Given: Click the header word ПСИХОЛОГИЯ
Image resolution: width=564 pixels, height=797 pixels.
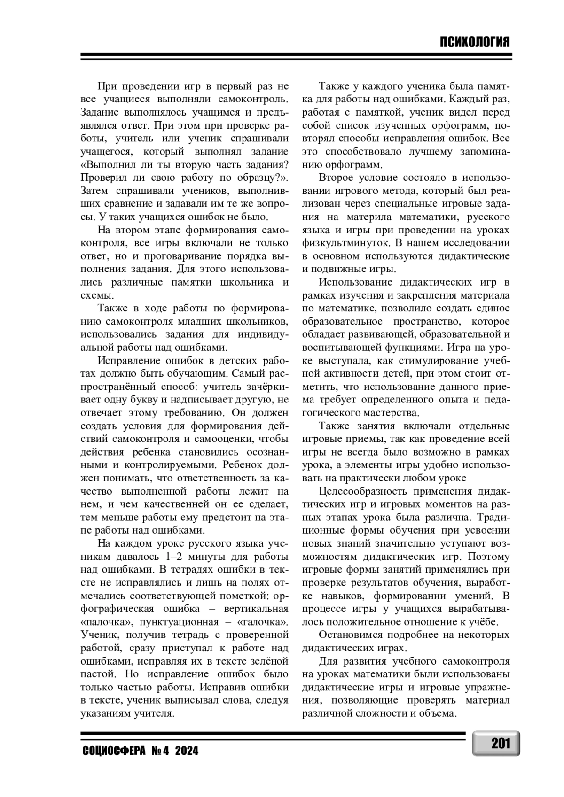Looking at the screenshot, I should [475, 42].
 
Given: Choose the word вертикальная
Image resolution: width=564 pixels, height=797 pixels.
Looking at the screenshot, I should [258, 609].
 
